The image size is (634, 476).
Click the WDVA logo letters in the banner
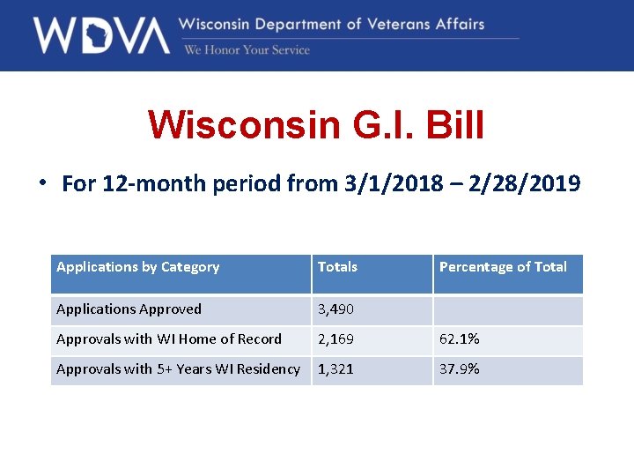[x=101, y=35]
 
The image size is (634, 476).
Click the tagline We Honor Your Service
[x=247, y=50]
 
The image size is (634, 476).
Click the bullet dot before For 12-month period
[x=41, y=182]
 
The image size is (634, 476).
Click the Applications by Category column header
[x=137, y=267]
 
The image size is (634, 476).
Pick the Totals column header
[x=337, y=267]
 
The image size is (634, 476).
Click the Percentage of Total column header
[x=503, y=267]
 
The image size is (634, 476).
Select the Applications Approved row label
[x=129, y=309]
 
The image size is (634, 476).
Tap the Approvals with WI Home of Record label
[x=169, y=339]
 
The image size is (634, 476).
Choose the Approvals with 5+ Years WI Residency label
[x=178, y=369]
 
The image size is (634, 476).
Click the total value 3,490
[x=335, y=309]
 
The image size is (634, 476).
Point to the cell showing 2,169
[x=335, y=339]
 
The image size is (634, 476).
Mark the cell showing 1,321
[x=335, y=369]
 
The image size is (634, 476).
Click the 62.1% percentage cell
[x=459, y=339]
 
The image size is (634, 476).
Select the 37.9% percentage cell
[x=459, y=369]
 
